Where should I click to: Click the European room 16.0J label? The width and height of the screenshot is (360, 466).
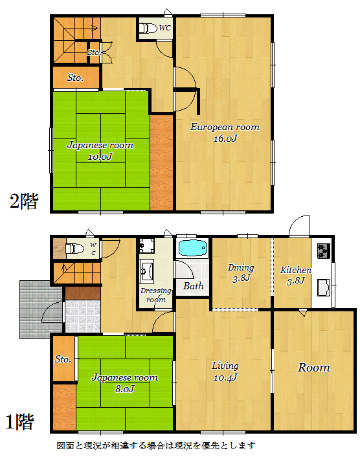tap(225, 133)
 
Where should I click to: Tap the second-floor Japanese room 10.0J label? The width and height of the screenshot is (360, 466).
tap(100, 151)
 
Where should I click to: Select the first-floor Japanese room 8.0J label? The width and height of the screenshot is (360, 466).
tap(124, 383)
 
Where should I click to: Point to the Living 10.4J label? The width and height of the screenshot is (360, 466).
tap(225, 372)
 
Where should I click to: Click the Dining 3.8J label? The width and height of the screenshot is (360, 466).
tap(241, 272)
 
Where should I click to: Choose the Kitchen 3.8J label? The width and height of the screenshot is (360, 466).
tap(295, 275)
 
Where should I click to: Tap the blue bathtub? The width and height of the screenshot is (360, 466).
tap(193, 247)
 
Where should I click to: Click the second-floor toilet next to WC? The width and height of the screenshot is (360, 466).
tap(148, 28)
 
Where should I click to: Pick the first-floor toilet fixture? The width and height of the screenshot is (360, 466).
tap(75, 248)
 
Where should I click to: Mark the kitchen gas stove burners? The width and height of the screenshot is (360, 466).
tap(324, 251)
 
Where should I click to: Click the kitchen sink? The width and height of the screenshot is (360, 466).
tap(324, 287)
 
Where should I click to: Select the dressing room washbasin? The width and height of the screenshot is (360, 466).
tap(147, 270)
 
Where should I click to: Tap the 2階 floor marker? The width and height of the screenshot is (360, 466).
tap(24, 201)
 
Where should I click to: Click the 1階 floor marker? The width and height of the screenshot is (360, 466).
tap(20, 421)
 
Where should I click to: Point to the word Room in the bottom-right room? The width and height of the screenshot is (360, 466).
tap(314, 368)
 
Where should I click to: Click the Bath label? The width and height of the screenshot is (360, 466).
tap(194, 286)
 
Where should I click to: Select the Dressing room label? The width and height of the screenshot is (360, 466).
tap(156, 295)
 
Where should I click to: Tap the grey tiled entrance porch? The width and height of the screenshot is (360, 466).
tap(41, 309)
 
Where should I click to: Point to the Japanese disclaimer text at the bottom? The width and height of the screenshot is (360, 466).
tap(156, 445)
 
